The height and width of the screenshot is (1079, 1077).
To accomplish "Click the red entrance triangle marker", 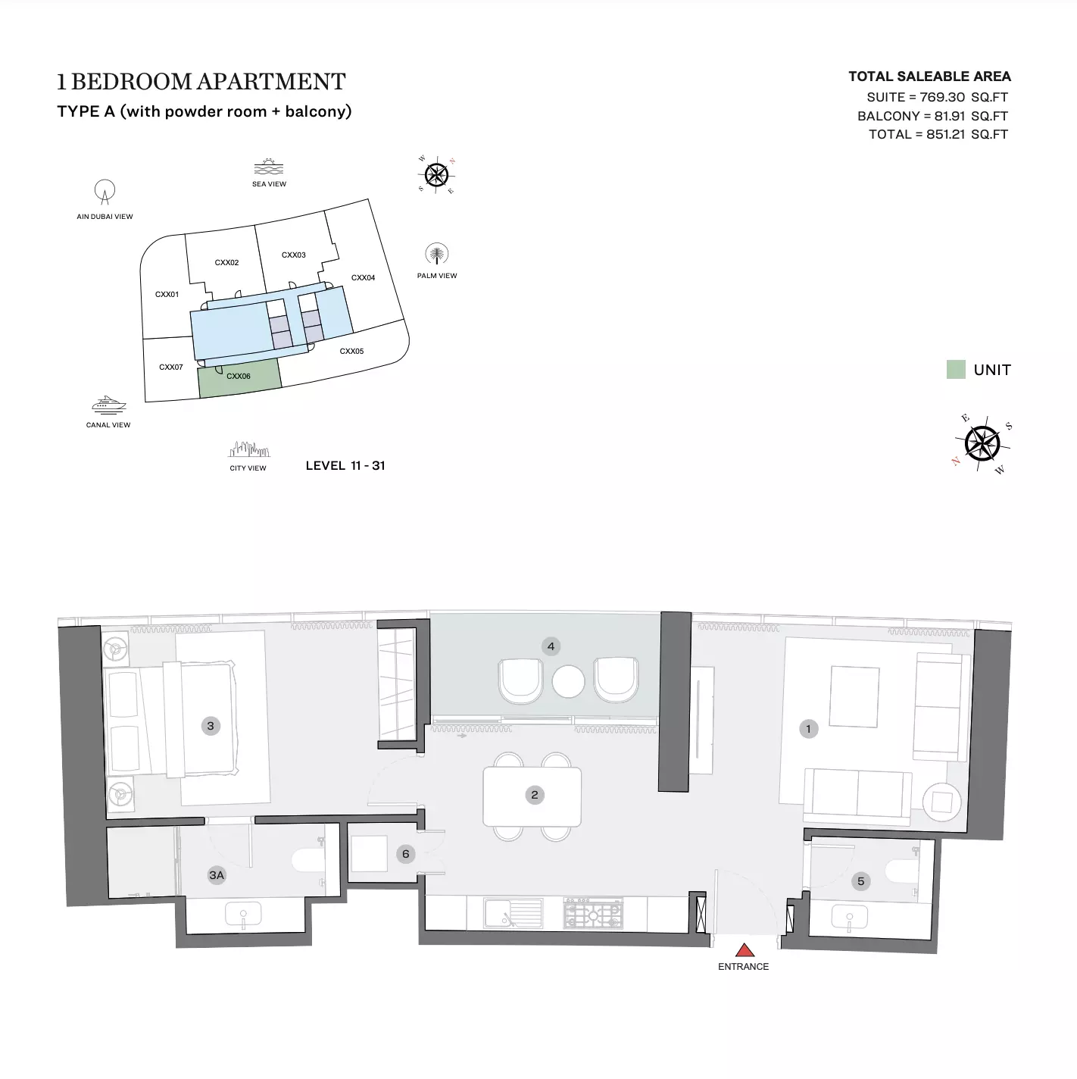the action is point(744,949).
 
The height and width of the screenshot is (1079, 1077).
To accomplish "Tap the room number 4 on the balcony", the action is point(551,646).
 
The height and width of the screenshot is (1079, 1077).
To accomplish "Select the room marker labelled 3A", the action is point(217,875).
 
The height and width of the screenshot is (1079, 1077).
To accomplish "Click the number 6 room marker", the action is point(406,854).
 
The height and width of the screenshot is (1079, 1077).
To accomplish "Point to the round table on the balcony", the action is point(568,681).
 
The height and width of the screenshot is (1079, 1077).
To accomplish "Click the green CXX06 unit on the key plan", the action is point(239,377).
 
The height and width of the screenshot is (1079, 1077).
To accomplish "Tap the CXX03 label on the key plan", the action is point(293,255).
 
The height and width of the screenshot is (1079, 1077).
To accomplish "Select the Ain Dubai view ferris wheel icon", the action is point(105,192).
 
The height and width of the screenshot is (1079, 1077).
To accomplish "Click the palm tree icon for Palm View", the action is point(436,254).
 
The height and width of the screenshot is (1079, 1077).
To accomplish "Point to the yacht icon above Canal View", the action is point(108,405).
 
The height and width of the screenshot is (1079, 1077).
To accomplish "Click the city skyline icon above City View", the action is point(248,449).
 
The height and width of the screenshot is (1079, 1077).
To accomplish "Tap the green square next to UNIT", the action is point(956,370).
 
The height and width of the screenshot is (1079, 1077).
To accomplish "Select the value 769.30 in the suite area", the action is point(942,97).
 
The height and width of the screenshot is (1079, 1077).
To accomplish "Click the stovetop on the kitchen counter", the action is point(593,914).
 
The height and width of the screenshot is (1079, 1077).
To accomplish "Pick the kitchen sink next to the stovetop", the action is point(514,914).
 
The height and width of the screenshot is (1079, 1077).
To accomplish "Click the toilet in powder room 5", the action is point(903,871).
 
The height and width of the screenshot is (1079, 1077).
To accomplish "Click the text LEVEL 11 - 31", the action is point(345,465).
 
